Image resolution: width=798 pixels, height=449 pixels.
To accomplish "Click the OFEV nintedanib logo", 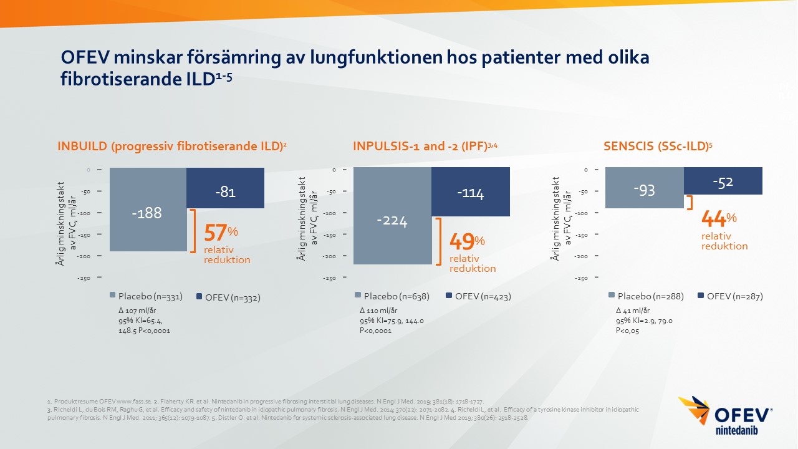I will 726,416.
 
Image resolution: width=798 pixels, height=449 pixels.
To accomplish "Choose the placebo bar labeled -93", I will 645,188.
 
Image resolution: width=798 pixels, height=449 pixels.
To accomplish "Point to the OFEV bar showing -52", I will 723,181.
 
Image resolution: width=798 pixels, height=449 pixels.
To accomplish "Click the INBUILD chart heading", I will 171,147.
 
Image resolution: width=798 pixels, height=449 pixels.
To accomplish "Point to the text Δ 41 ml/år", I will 633,311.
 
